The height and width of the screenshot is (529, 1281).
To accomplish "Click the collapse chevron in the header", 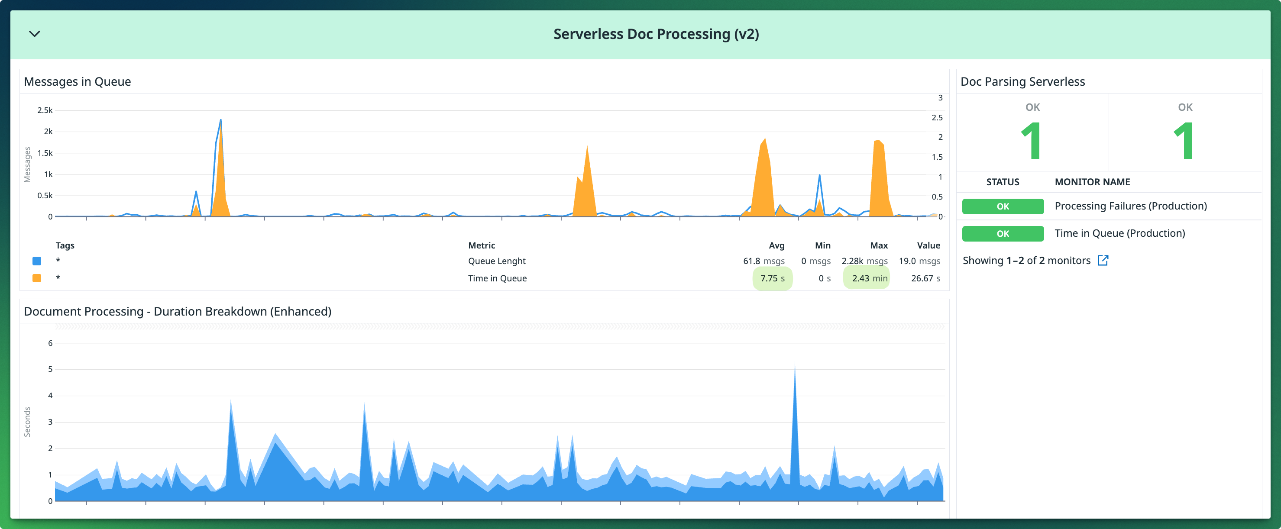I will click(34, 34).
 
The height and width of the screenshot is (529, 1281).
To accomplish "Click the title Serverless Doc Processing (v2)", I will click(656, 34).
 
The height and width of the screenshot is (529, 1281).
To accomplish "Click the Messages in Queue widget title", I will click(78, 81).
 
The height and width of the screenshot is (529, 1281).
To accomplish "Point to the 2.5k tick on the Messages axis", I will click(45, 110).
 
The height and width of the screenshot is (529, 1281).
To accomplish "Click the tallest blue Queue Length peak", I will click(220, 121).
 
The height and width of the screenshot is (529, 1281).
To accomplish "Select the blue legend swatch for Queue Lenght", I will click(37, 261).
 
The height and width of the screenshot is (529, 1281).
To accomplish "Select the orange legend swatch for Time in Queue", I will click(37, 278).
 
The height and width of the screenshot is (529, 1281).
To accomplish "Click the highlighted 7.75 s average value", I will click(772, 278).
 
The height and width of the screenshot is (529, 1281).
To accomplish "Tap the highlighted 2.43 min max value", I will click(869, 278).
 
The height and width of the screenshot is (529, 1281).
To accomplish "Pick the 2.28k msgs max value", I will click(864, 261).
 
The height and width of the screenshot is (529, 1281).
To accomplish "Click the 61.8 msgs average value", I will click(764, 261).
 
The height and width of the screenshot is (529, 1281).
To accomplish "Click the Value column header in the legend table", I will click(928, 245).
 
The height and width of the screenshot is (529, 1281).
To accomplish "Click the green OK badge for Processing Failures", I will click(1003, 206).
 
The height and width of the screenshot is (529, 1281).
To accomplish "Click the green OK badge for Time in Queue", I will click(1003, 234).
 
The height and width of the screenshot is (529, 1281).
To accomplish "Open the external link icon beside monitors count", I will click(1103, 261).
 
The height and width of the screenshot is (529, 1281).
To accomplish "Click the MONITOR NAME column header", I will click(1092, 182).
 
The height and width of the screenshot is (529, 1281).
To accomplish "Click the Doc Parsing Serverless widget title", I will click(1022, 81).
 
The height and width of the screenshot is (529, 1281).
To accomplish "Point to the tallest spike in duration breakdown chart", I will click(795, 368).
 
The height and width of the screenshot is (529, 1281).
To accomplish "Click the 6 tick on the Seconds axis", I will click(50, 343).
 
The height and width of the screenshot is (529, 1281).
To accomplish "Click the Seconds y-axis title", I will click(27, 422).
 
